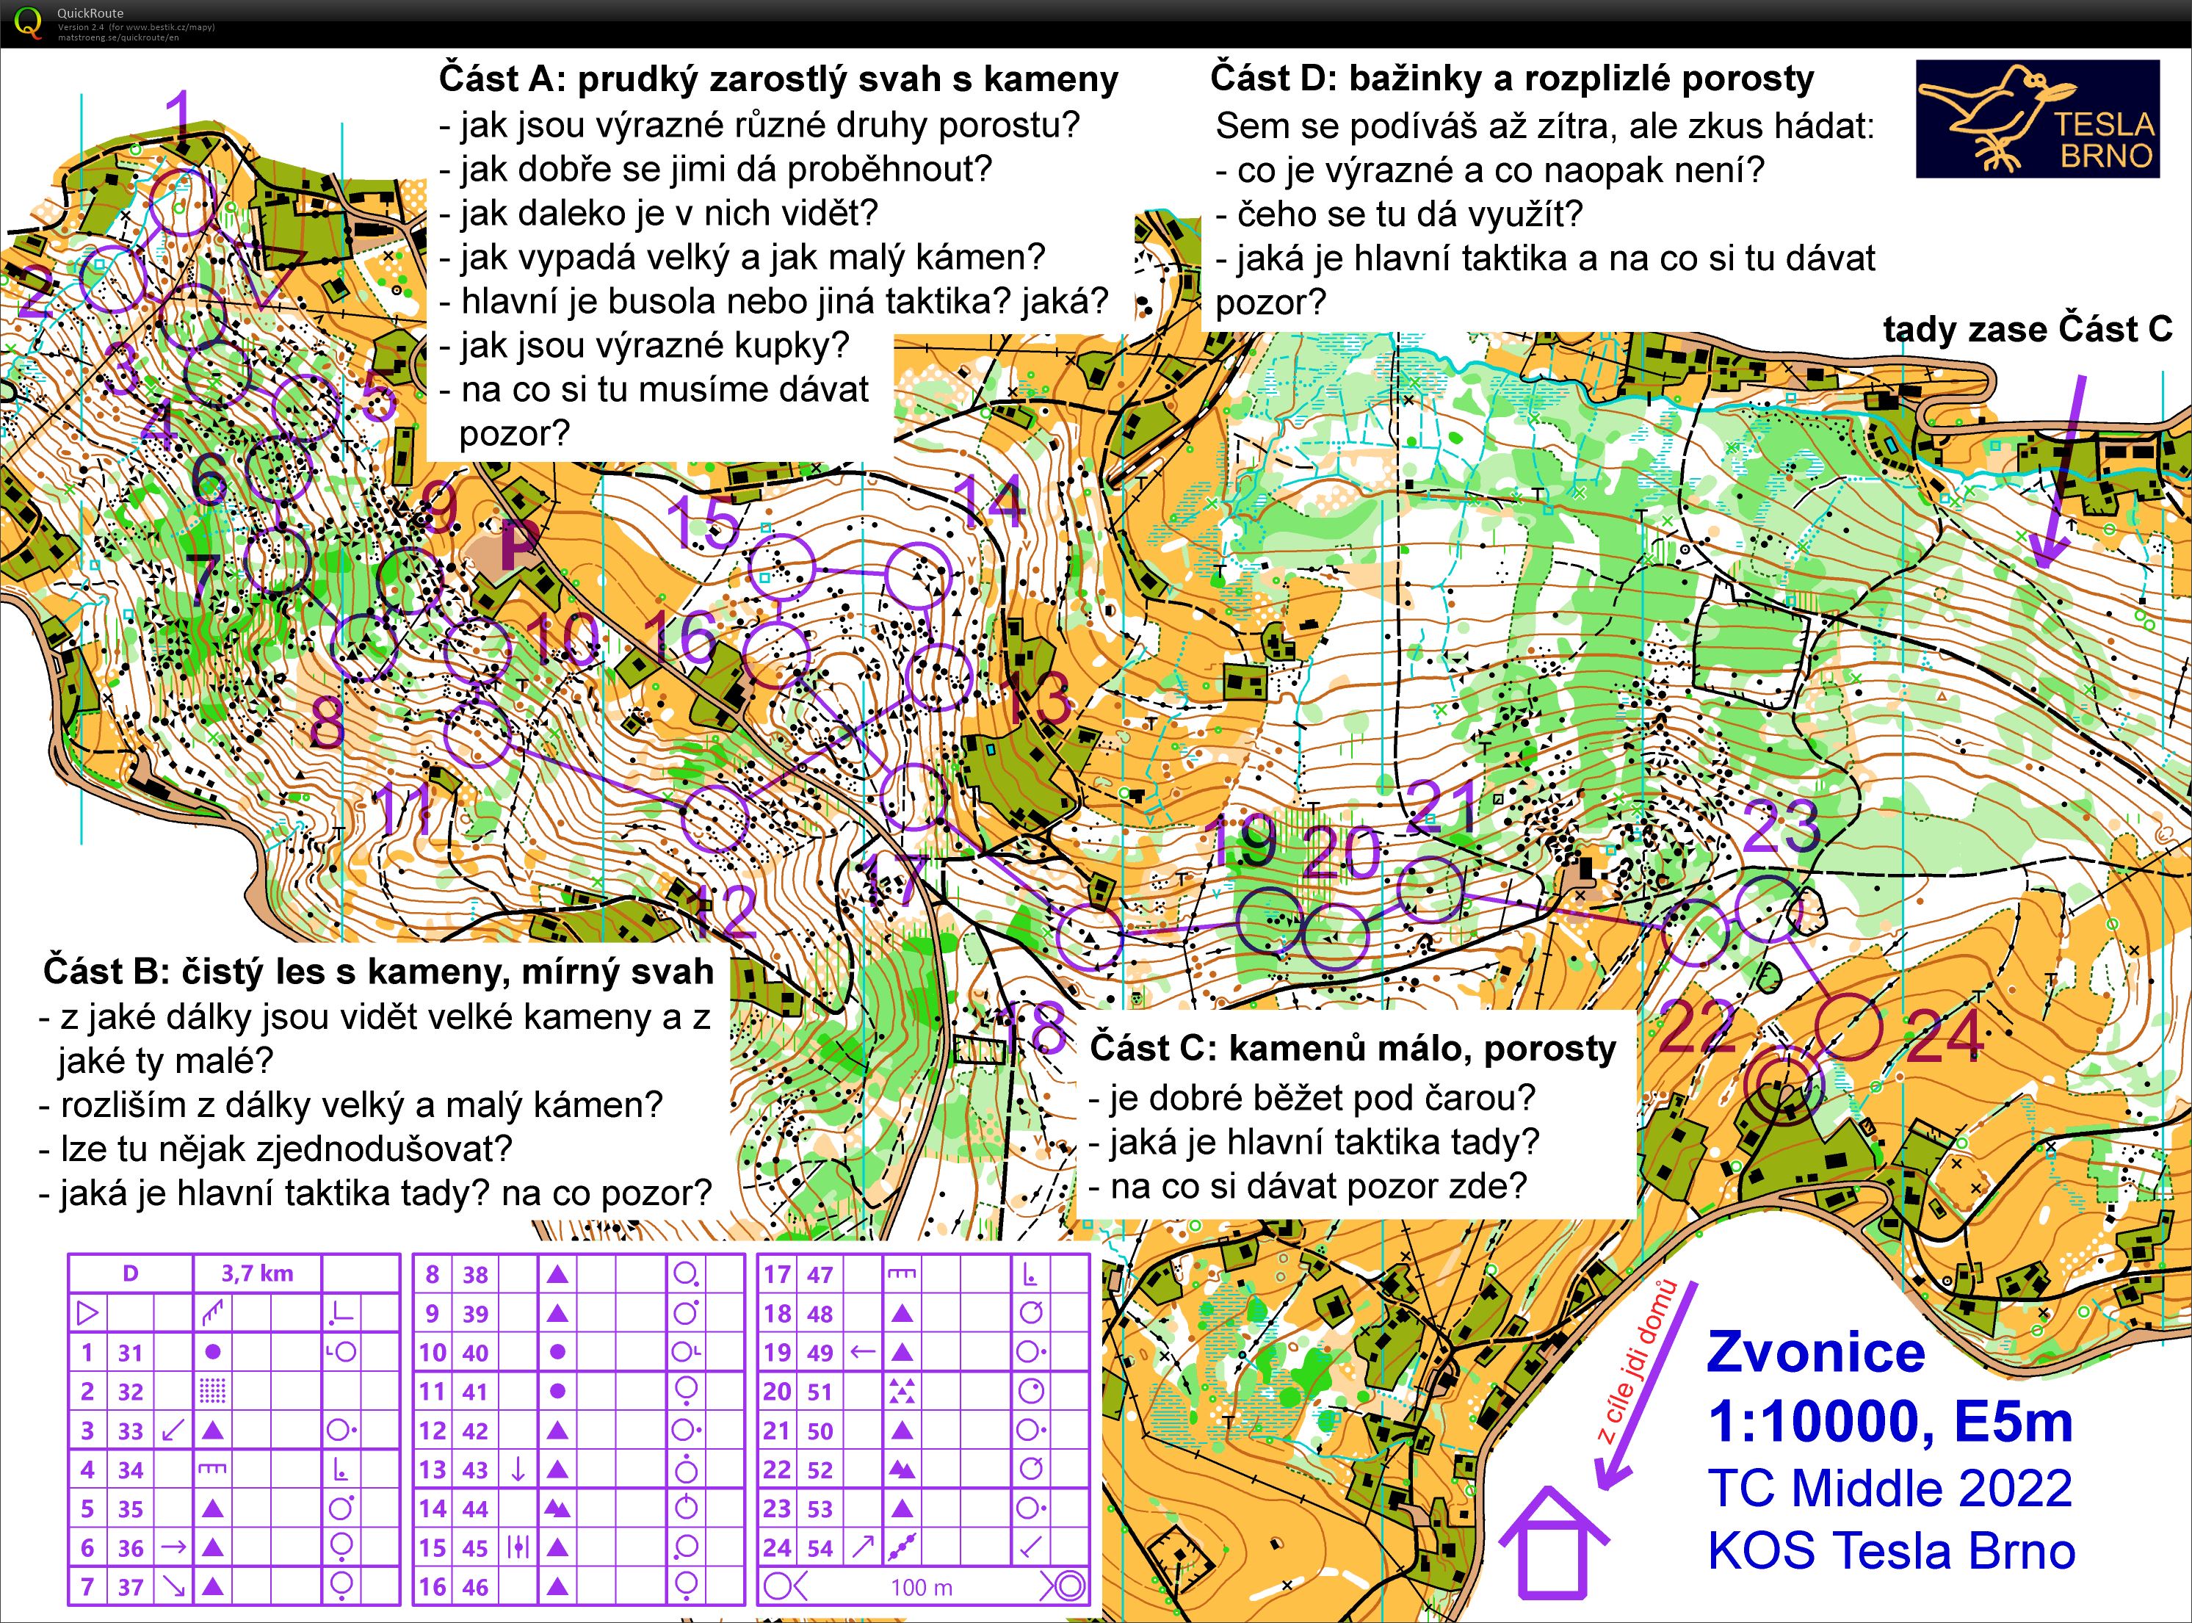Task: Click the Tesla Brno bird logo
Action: point(2037,119)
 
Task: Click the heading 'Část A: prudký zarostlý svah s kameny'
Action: point(778,79)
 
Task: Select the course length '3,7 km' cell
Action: point(258,1274)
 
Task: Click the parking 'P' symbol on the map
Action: point(518,543)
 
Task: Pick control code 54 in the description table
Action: point(820,1548)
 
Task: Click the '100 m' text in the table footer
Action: point(921,1588)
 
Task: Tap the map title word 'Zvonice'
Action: point(1816,1353)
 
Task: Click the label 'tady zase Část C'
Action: point(2027,330)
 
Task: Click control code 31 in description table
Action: point(131,1353)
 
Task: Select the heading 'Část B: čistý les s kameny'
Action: point(378,972)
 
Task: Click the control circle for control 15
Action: point(782,567)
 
